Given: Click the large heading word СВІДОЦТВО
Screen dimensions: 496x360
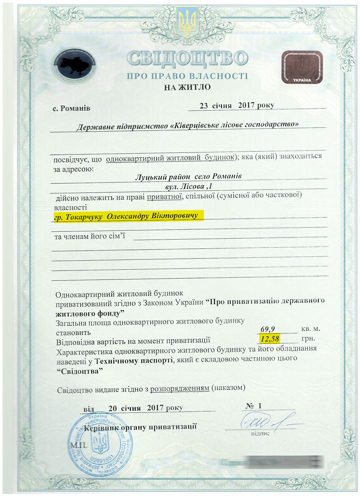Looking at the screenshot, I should click(x=187, y=59).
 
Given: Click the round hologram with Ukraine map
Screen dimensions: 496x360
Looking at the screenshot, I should click(x=75, y=66).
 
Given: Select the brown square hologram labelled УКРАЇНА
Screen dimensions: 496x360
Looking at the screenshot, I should click(x=302, y=67).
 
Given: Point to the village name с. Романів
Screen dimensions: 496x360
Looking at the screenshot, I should click(x=71, y=108).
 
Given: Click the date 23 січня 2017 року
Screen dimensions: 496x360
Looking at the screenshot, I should click(x=237, y=105).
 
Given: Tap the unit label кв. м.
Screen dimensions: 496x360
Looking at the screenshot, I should click(x=310, y=329).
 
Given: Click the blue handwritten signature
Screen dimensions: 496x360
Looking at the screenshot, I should click(x=267, y=422).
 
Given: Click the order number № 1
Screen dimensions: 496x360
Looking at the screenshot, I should click(x=253, y=406).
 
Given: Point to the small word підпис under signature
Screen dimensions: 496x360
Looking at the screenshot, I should click(x=260, y=434).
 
